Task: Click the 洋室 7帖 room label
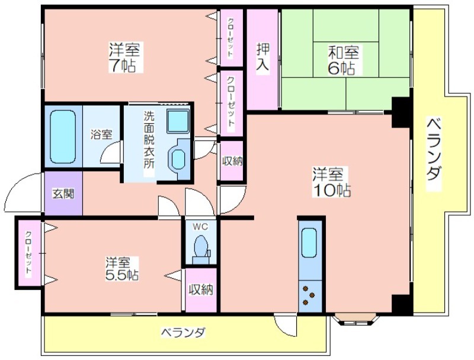coord(124,58)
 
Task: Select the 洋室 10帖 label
coord(332,182)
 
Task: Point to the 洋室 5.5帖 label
coord(121,269)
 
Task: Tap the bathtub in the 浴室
coord(63,137)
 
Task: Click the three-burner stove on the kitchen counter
coord(309,296)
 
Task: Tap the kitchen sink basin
coord(309,243)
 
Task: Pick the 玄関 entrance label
coord(63,194)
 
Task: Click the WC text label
coord(200,227)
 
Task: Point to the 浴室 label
coord(101,134)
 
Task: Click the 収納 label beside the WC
coord(201,290)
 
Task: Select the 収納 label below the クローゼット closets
coord(232,161)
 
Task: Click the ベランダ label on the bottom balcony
coord(183,333)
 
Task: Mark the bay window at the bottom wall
coord(356,320)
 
